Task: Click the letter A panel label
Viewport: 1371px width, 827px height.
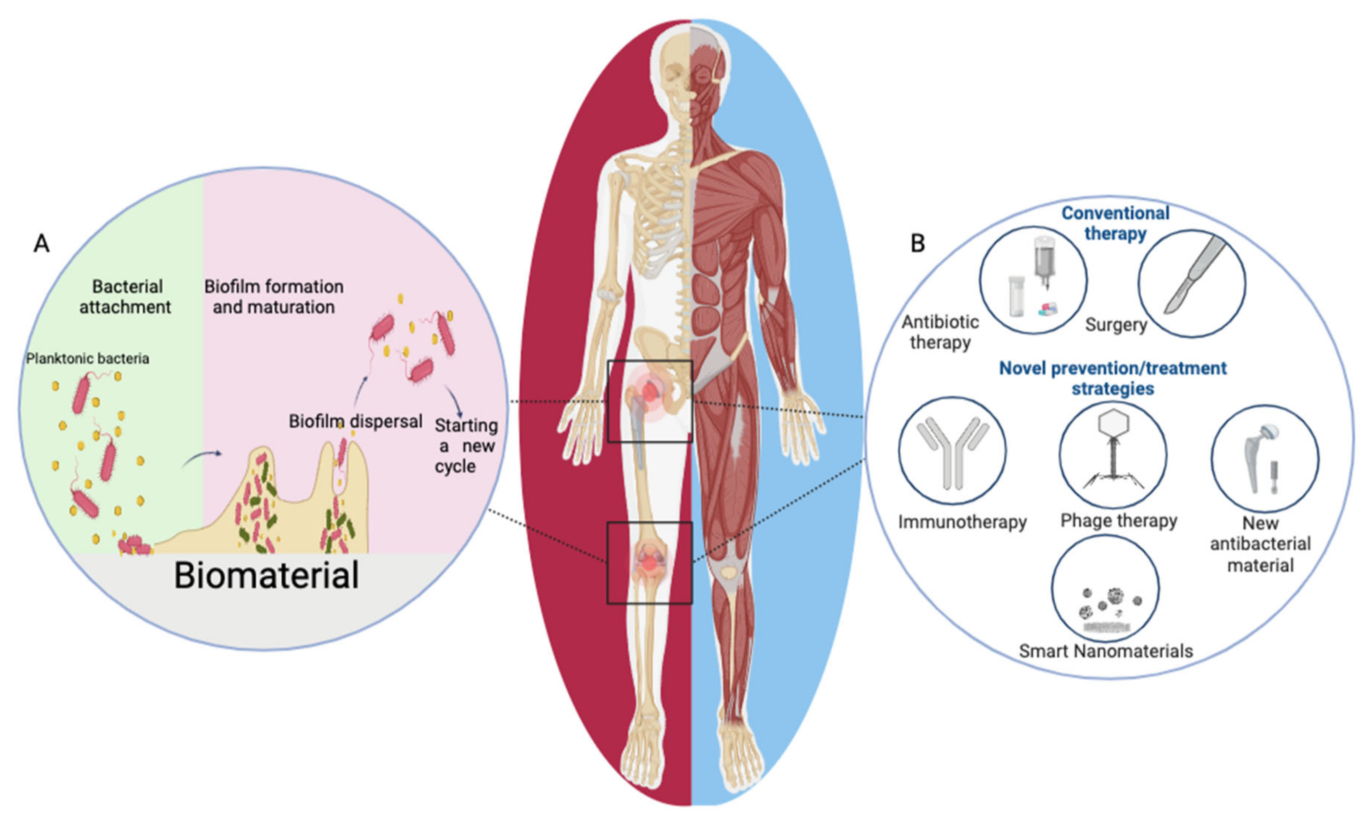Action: click(42, 244)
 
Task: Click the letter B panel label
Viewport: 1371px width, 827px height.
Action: click(918, 244)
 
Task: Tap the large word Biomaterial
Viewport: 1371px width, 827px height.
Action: click(267, 575)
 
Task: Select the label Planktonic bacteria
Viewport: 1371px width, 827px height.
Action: click(88, 359)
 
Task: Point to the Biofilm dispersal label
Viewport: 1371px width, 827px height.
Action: click(355, 421)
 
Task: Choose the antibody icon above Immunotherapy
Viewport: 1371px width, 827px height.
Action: click(952, 451)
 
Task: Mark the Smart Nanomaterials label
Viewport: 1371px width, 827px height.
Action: click(1105, 651)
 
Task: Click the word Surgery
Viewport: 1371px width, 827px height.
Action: click(1116, 325)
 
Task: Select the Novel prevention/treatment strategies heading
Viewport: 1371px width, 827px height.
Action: click(1113, 378)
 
